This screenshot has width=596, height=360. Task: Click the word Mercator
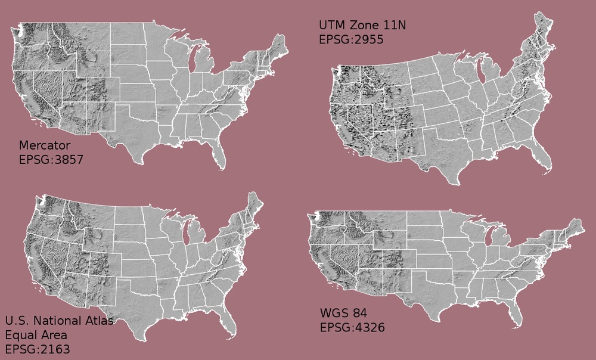(45, 145)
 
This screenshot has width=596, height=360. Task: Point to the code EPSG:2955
(351, 40)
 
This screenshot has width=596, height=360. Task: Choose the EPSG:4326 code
(352, 327)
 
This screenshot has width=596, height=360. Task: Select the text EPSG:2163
(38, 349)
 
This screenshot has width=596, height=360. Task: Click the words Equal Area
(36, 335)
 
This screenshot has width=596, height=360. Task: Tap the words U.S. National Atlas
(59, 321)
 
